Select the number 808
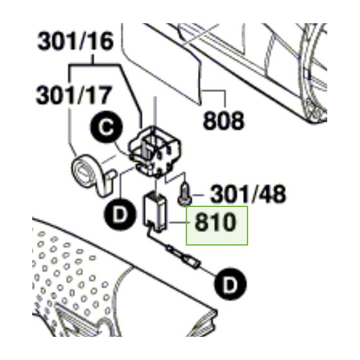click(x=224, y=120)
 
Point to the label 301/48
click(x=239, y=193)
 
